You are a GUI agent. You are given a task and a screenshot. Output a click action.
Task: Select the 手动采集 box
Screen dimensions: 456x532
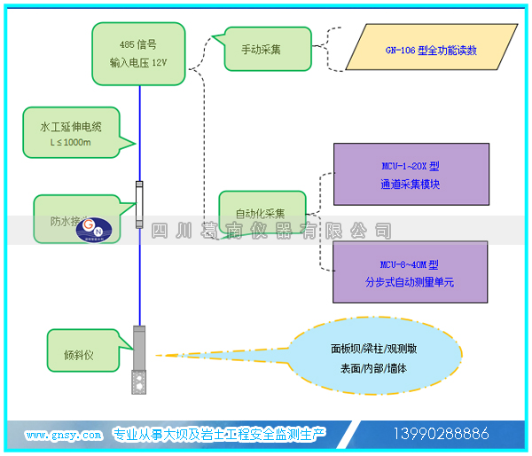pos(262,49)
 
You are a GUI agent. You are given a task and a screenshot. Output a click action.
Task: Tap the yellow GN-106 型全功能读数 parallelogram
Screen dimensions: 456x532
pos(429,50)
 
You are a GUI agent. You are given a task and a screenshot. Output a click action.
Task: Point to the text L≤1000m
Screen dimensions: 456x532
pos(71,142)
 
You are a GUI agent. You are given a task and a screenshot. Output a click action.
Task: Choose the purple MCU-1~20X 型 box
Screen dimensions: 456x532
pos(410,175)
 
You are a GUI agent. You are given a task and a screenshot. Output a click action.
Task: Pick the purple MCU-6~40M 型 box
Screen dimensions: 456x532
pos(410,273)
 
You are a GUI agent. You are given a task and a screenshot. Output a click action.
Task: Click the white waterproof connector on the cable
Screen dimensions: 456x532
pos(139,203)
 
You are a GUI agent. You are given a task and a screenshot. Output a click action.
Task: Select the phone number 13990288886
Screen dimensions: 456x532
pos(441,434)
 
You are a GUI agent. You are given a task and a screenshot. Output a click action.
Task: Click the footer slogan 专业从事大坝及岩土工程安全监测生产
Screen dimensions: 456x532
pos(219,434)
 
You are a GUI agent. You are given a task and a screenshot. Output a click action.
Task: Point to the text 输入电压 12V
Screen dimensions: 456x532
pos(138,63)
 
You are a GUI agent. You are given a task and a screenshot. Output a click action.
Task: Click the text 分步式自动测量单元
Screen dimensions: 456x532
pos(410,283)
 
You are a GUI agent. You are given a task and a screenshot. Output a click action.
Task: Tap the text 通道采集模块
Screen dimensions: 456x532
pos(410,185)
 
